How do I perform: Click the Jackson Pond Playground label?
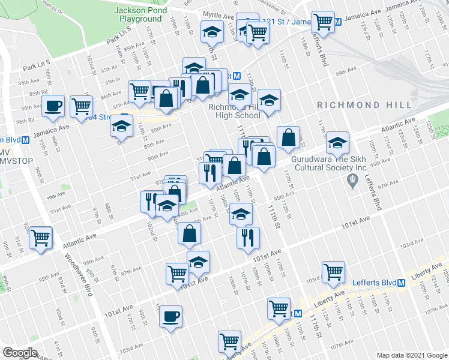pyautogui.click(x=138, y=14)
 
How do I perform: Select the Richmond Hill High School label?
pyautogui.click(x=234, y=111)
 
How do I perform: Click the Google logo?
pyautogui.click(x=20, y=353)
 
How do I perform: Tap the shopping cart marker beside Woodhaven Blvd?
pyautogui.click(x=41, y=237)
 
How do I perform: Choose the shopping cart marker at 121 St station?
pyautogui.click(x=324, y=22)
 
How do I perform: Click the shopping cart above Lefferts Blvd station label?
pyautogui.click(x=333, y=271)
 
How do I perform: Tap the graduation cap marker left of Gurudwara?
pyautogui.click(x=337, y=143)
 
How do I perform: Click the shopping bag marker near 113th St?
pyautogui.click(x=289, y=137)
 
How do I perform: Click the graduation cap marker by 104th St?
pyautogui.click(x=121, y=127)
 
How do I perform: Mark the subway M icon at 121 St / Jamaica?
pyautogui.click(x=337, y=22)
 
